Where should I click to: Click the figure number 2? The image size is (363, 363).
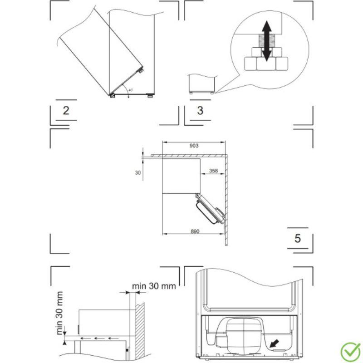66,111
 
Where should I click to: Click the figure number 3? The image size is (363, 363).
200,111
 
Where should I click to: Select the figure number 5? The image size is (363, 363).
298,238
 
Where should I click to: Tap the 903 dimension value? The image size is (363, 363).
194,146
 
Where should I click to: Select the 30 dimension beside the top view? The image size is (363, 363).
138,172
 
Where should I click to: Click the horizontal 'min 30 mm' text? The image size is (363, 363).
154,286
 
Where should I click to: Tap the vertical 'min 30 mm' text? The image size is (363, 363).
59,313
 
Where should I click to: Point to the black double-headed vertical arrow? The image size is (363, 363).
267,42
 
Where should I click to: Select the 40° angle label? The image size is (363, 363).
130,91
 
